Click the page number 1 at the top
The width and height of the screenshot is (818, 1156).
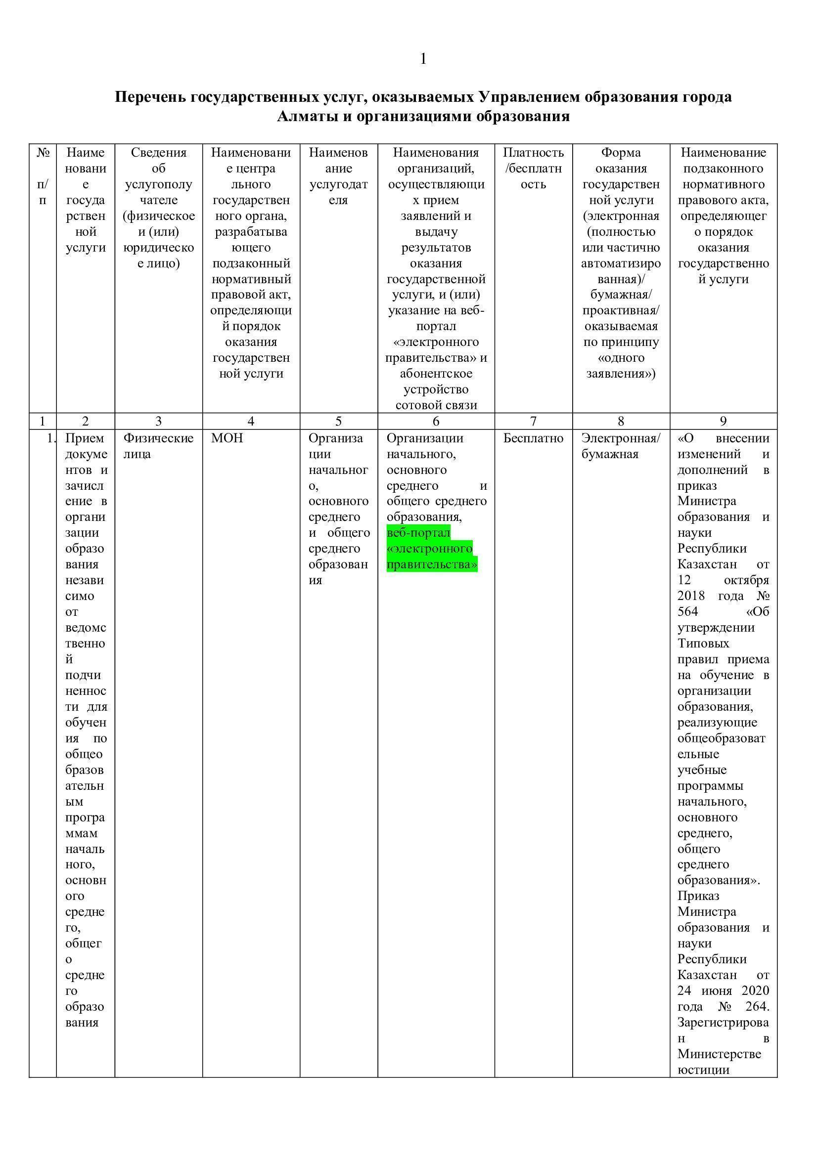(423, 59)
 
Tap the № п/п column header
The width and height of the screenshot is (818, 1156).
(43, 176)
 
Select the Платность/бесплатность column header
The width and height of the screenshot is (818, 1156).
(533, 168)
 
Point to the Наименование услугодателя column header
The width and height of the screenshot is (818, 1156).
(338, 176)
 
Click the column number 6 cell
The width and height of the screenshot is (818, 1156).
(436, 421)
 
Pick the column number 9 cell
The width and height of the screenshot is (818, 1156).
(723, 421)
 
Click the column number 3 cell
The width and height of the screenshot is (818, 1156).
(159, 421)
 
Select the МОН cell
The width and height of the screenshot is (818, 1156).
(227, 438)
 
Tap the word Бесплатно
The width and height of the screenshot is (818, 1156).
(533, 438)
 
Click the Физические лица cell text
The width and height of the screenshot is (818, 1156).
(158, 446)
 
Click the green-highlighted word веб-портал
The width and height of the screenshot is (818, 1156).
(418, 533)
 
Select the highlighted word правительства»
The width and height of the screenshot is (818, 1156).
(432, 564)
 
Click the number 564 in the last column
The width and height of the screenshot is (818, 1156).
(687, 612)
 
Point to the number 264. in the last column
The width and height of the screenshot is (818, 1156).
(755, 1006)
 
